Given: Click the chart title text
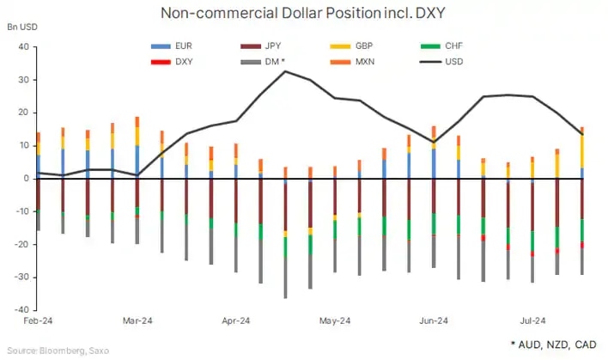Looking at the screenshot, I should coord(304,13).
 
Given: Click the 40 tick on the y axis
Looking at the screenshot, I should coord(23,47).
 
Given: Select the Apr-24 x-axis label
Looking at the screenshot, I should coord(235,321).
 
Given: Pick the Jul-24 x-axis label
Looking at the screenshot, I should coord(532,321).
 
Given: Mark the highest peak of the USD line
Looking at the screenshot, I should coord(285,71).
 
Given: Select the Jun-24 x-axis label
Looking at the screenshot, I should coord(434,321).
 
